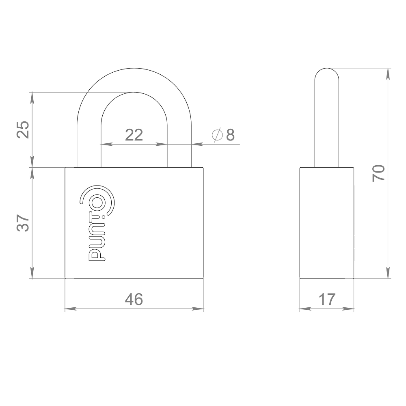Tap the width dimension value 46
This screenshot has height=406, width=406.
coord(134,300)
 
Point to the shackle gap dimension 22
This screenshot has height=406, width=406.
coord(134,135)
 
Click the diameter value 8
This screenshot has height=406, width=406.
coord(230,135)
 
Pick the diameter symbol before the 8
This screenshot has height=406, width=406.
coord(217,135)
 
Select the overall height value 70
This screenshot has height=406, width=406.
coord(378,173)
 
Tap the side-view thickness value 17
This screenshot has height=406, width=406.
coord(327,300)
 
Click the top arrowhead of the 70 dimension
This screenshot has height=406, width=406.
coord(389,71)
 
